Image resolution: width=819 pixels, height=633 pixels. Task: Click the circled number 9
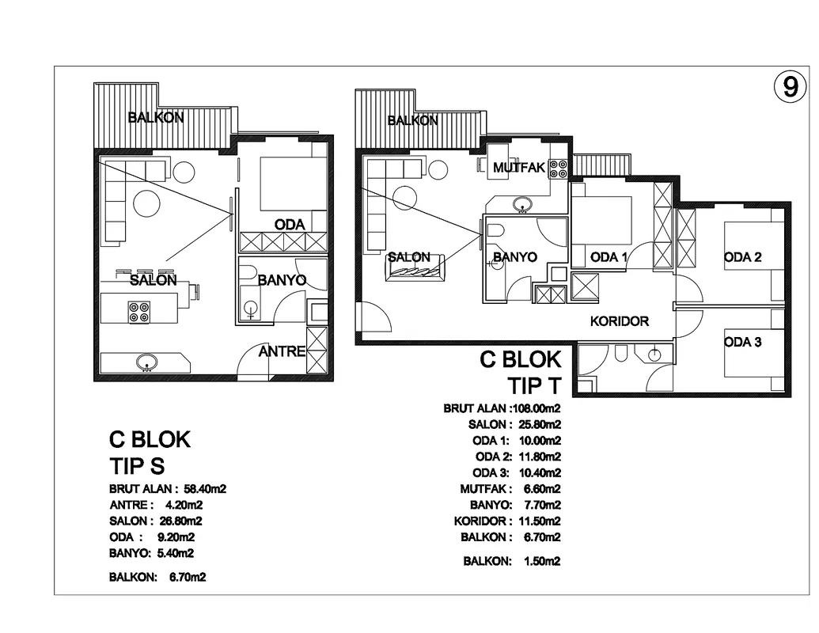pos(791,86)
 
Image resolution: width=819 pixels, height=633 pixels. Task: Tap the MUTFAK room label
pos(518,168)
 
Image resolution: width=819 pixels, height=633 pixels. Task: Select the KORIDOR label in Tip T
pos(620,321)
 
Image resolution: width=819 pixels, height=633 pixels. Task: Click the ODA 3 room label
pos(743,342)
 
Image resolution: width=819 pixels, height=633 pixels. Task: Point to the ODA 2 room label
pos(743,257)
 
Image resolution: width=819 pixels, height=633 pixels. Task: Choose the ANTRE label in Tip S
pos(282,351)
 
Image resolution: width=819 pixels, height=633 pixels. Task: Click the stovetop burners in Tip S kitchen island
pos(139,312)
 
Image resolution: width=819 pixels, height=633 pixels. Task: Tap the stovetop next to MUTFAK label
pos(558,169)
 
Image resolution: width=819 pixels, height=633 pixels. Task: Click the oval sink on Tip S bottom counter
pos(146,362)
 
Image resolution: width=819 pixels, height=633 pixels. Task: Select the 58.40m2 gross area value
pos(205,489)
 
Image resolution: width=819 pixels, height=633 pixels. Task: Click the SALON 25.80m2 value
pos(540,425)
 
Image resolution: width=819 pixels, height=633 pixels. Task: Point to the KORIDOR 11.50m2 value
pos(540,521)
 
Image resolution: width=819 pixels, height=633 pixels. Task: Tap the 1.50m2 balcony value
pos(542,562)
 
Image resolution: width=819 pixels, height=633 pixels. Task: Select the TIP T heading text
pos(534,386)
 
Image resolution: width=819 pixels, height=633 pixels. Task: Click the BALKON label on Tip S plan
pos(156,118)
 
